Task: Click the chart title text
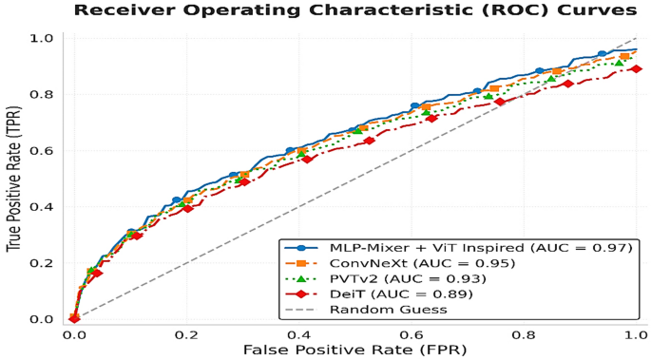tap(354, 10)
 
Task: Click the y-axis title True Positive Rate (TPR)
tap(14, 178)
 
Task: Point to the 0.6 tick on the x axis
tap(411, 334)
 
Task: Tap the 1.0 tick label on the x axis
tap(635, 334)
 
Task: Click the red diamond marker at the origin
tap(74, 318)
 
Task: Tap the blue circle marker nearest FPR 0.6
tap(414, 106)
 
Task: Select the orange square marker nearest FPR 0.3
tap(244, 175)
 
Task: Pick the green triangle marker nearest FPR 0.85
tap(551, 78)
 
